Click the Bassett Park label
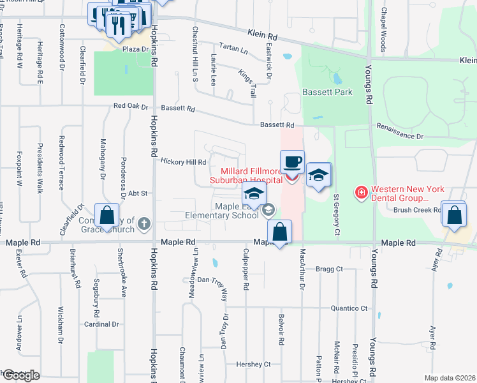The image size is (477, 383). point(327,93)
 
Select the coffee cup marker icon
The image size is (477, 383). point(292,161)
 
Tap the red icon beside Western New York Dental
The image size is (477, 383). point(362,191)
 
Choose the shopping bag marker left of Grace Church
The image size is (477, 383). point(107,216)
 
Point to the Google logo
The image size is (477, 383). point(20,375)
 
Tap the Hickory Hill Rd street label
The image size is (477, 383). point(183,162)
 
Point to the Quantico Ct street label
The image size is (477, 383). point(349,308)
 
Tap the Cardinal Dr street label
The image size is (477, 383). point(102,324)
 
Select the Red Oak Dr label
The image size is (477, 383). point(130,107)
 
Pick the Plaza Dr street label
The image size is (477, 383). point(135,49)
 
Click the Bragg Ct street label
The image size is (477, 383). point(329,269)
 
